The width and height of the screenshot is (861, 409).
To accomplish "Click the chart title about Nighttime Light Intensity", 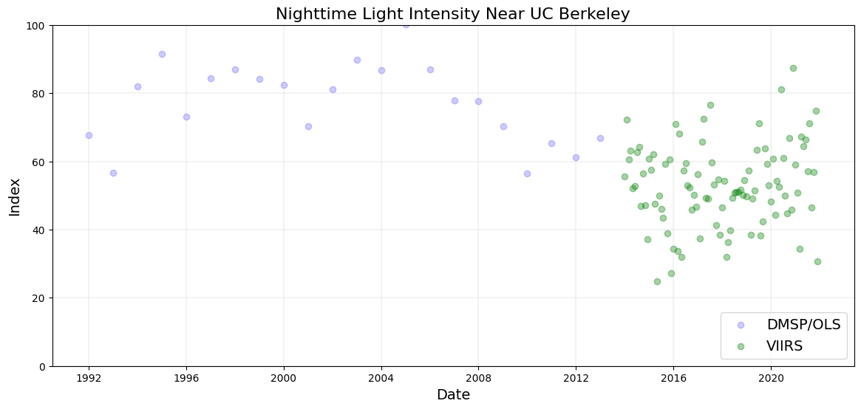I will point(452,14).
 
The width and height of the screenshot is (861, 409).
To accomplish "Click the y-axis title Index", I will point(15,196).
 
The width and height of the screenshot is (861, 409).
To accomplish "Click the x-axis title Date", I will point(453,395).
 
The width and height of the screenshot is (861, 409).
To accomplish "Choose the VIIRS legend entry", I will point(784,346).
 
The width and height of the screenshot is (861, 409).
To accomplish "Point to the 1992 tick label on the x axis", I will point(89,379).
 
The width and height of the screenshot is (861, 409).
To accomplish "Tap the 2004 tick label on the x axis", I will point(381,379).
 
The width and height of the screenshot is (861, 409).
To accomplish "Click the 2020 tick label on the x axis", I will point(771,379).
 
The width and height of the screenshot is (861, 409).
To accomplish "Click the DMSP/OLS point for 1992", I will point(89,135).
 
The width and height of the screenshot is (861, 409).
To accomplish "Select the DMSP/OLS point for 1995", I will point(162,54).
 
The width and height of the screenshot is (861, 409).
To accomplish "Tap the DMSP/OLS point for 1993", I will point(113,173).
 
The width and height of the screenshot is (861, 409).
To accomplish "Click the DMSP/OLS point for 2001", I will point(308,126).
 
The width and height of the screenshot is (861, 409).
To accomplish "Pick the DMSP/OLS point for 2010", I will point(527,173).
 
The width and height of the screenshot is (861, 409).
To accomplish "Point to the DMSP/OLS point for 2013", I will point(600,138).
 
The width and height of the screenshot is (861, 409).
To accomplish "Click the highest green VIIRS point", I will point(793,68).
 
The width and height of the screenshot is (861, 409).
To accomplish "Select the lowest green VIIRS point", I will point(657,281).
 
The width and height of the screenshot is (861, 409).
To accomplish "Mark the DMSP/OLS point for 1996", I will point(186,117).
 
